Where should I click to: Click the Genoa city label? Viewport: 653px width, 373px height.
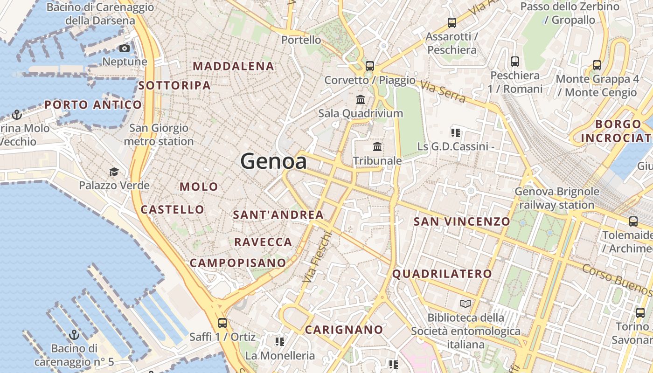pos(274,161)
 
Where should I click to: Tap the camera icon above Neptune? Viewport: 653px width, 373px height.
pos(125,48)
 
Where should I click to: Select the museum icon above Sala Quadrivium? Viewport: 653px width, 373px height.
pos(361,100)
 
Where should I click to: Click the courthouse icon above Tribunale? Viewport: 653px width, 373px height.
pos(377,147)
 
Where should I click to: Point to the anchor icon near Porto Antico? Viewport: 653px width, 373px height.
pos(17,114)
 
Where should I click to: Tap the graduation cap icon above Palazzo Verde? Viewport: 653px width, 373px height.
pos(114,172)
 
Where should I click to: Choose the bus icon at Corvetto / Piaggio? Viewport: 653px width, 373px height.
pos(370,66)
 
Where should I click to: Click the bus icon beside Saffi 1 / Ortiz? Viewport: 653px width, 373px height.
pos(222,323)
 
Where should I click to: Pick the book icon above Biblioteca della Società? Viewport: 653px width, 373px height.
pos(465,304)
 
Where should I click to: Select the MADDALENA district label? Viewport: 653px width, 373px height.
pos(233,66)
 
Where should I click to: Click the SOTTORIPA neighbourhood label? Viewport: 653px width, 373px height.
pos(174,86)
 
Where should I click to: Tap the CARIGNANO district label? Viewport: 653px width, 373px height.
pos(344,330)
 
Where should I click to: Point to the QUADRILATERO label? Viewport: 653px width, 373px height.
pos(442,274)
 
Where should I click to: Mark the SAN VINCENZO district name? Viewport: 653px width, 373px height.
pos(462,221)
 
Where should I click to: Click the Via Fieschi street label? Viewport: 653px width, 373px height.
pos(317,257)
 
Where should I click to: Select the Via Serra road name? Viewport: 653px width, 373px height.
pos(443,91)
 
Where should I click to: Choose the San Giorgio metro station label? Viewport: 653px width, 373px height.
pos(159,134)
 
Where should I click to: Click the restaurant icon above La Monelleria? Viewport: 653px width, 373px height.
pos(280,342)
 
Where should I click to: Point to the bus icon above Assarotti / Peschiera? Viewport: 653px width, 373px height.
pos(452,22)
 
